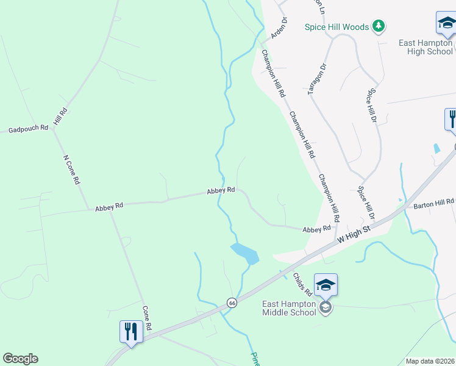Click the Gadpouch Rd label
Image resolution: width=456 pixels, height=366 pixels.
27,129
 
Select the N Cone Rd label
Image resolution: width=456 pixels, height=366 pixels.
71,170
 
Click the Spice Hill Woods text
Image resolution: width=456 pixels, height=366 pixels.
337,27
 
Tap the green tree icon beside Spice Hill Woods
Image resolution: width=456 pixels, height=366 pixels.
379,26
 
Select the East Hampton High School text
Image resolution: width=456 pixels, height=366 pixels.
426,47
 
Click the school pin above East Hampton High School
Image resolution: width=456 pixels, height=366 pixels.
446,24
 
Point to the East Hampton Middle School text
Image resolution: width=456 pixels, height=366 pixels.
289,308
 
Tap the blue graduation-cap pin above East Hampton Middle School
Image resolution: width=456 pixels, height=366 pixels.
326,285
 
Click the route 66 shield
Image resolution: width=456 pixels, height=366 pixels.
232,302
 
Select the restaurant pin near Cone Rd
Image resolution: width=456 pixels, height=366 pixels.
130,331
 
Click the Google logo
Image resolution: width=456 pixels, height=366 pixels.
20,359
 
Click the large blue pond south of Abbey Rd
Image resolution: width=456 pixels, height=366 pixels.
244,253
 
